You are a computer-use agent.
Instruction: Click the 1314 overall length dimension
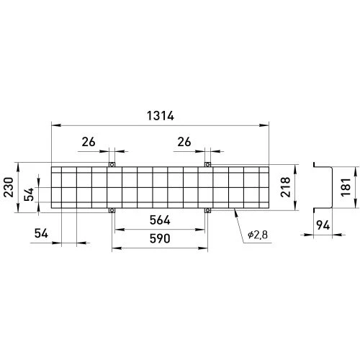[161, 116]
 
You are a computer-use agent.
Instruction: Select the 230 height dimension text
[9, 187]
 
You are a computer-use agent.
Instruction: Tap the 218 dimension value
[286, 187]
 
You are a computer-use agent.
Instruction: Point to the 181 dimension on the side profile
[346, 187]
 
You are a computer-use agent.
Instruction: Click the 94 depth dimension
[323, 225]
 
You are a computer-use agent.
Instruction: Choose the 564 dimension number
[160, 220]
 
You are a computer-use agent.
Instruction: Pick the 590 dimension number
[160, 238]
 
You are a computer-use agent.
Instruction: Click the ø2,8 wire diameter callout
[258, 235]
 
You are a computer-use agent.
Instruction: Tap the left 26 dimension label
[89, 142]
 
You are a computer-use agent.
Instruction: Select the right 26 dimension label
[184, 142]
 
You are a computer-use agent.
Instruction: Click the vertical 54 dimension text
[29, 194]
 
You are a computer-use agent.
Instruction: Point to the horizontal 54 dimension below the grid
[41, 233]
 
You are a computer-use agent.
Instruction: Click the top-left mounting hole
[112, 165]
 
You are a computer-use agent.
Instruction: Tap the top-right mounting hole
[208, 165]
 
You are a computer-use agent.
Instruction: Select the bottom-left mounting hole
[112, 211]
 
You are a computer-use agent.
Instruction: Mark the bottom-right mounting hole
[208, 211]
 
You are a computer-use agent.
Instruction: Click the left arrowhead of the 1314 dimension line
[56, 125]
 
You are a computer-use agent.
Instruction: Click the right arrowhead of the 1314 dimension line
[264, 125]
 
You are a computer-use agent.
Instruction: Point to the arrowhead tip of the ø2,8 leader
[235, 210]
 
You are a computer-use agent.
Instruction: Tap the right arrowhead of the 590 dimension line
[203, 248]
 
